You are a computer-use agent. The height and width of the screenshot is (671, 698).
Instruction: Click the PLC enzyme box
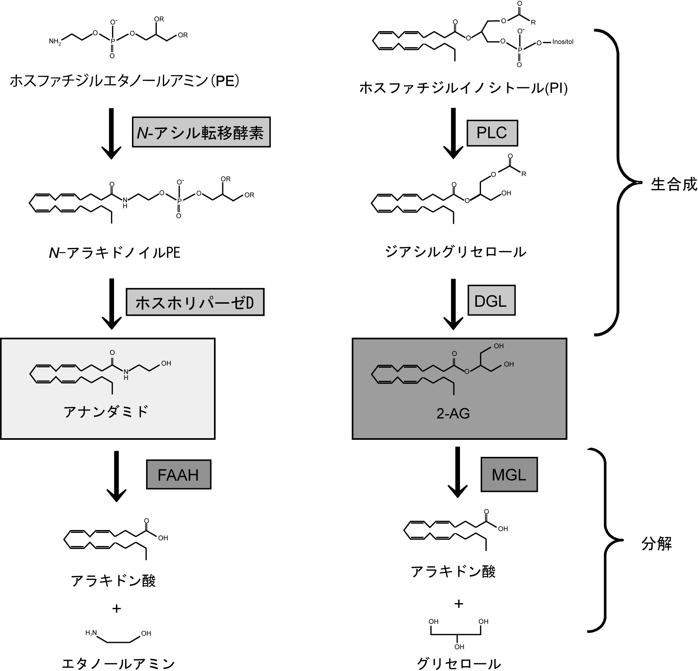492,133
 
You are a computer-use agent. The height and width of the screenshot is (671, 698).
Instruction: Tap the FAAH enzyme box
179,475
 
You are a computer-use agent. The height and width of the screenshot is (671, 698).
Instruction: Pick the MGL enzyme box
509,475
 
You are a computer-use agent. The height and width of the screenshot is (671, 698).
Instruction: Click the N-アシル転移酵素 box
201,132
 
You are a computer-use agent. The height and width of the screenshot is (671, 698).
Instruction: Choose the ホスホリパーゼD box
195,302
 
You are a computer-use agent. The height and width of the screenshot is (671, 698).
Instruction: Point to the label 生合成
674,184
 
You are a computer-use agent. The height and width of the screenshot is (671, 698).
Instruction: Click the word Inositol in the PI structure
563,42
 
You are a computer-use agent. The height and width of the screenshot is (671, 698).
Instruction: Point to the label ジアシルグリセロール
455,252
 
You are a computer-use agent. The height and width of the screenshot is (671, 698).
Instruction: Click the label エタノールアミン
118,663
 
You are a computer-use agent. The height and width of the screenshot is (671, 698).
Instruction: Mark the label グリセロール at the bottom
458,663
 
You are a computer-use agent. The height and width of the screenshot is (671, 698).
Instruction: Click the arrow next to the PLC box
453,133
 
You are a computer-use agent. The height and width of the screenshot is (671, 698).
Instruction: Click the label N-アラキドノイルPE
114,253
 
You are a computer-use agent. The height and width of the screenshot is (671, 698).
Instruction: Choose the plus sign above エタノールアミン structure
116,609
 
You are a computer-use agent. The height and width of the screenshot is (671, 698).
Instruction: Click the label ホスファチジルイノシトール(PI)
463,88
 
